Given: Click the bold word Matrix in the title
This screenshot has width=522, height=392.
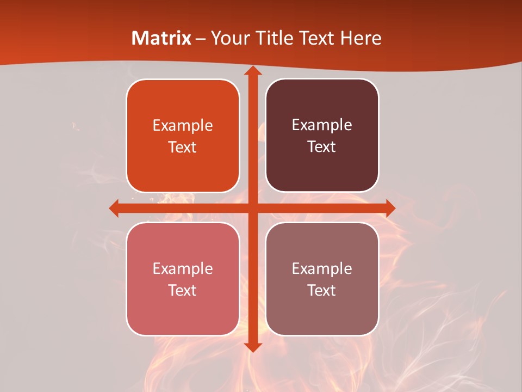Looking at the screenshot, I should coord(161,38).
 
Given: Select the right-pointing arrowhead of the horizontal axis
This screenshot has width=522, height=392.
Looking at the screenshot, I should coord(390,208).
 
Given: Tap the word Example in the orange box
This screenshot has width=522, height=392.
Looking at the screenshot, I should coord(183,126).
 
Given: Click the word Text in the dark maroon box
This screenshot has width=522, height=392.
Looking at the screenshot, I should coord(322,147).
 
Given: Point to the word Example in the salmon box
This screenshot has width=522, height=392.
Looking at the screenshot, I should coord(183,269).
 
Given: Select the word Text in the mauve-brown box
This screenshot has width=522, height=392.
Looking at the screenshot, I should coord(322,290).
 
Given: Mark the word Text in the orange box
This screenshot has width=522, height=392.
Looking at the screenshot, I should coord(183,147).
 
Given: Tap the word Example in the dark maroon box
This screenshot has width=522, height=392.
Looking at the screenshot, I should coord(322,125).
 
